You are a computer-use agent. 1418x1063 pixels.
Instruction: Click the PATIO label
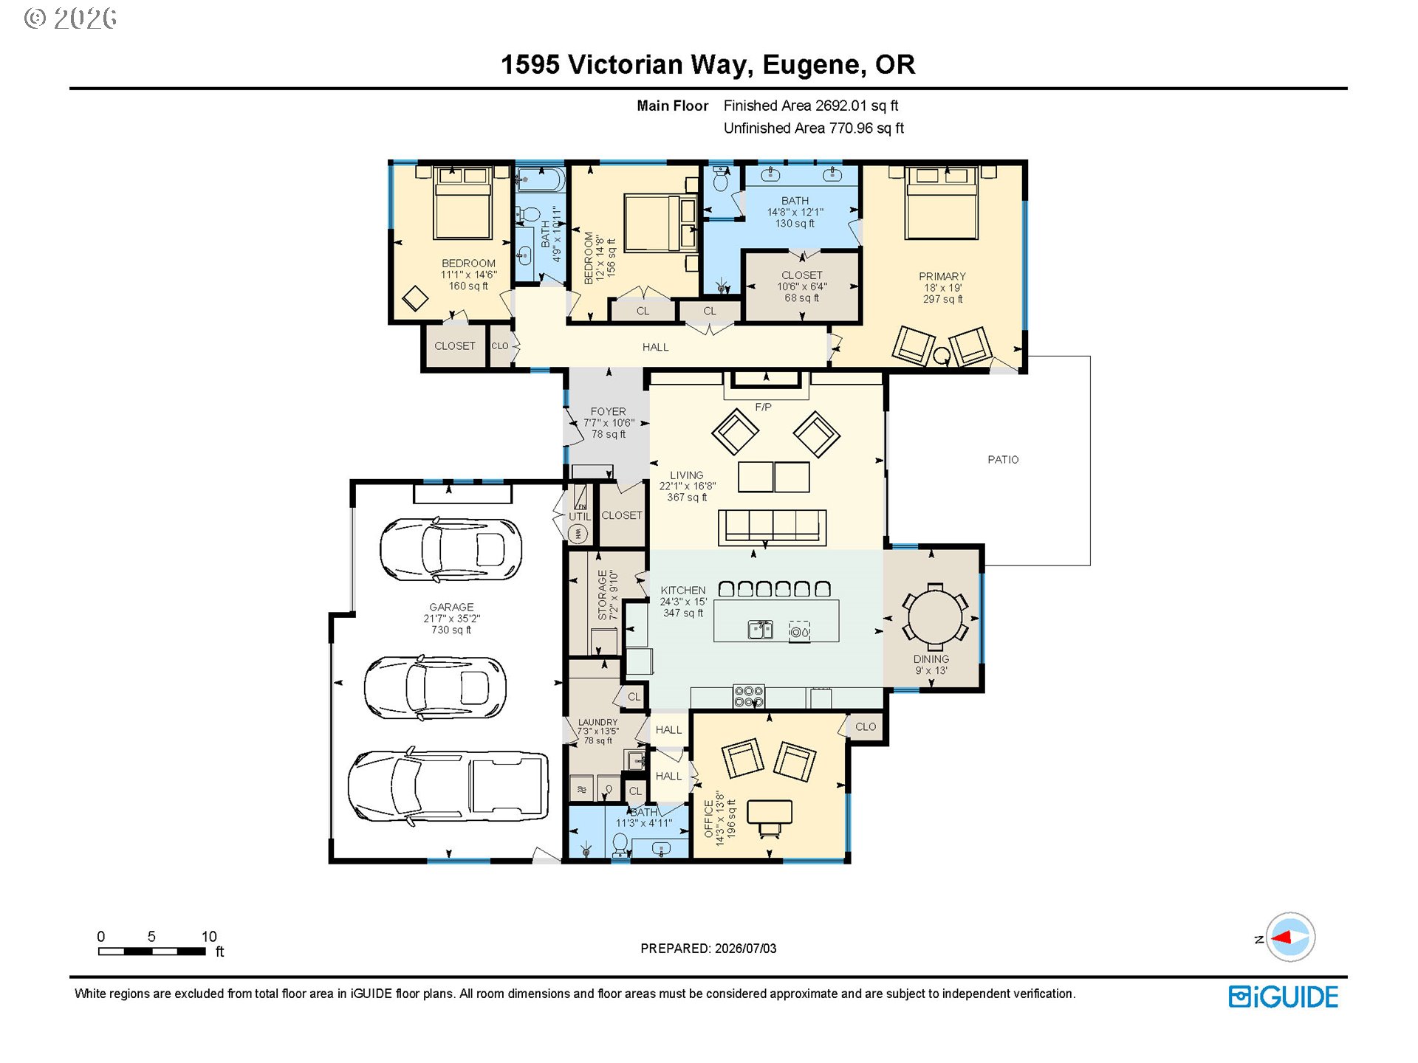point(1003,459)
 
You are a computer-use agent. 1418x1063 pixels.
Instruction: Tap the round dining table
point(935,616)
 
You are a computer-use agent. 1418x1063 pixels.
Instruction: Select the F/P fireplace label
point(763,407)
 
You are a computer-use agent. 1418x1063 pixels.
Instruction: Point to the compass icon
point(1290,937)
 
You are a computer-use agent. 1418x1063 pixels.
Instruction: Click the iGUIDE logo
point(1283,997)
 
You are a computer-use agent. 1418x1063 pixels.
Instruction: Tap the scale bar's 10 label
point(209,936)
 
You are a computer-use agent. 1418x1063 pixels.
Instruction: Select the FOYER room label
point(608,411)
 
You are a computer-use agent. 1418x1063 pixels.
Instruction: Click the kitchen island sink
point(760,630)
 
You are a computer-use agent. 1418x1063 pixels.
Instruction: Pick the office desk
point(770,811)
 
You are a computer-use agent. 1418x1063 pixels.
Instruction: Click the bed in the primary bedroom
point(942,202)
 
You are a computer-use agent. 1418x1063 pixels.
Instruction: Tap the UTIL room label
point(580,516)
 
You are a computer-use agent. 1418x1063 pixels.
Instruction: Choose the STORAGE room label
point(603,595)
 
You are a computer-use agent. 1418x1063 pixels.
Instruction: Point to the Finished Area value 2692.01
point(840,106)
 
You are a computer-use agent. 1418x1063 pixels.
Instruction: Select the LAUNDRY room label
point(598,722)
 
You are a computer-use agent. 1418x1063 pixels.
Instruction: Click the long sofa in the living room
point(772,527)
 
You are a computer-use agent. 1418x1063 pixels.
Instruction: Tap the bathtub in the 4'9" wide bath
point(541,179)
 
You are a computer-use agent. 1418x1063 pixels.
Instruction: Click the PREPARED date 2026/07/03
point(746,949)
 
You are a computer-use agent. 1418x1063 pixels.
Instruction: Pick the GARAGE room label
point(451,607)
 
